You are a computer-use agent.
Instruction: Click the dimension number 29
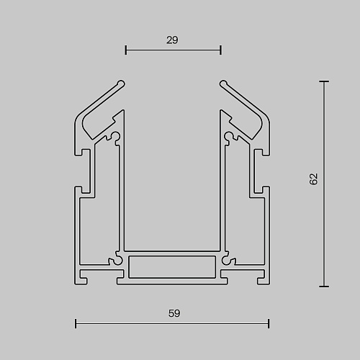tap(172, 40)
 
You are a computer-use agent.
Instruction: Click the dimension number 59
tap(174, 313)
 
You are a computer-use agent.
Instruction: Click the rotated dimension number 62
tap(313, 179)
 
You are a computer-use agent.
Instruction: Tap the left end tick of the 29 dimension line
tap(126, 50)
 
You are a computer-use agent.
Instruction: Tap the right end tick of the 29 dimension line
tap(221, 50)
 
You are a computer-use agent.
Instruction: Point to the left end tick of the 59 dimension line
tap(76, 323)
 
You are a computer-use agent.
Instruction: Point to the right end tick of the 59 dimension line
tap(269, 323)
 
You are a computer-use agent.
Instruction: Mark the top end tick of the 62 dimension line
tap(324, 81)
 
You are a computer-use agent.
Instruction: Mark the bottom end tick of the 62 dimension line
tap(324, 287)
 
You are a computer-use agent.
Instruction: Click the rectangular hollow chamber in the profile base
tap(172, 267)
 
